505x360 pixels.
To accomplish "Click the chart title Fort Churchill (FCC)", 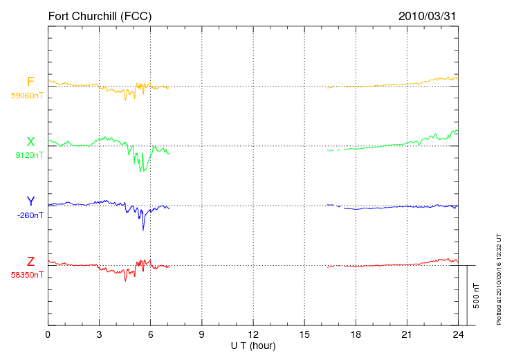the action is (100, 16).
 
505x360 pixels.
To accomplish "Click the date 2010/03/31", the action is (427, 16).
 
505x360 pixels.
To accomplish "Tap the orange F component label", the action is (30, 82).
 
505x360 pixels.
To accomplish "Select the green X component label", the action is (30, 141).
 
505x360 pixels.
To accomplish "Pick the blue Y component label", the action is (30, 201).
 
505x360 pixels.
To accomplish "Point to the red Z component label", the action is (30, 261).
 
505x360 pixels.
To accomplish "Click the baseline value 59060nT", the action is (27, 96).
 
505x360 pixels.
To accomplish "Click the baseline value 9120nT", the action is (29, 155).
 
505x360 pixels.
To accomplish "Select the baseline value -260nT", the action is (30, 215).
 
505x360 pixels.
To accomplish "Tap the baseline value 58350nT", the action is (27, 275).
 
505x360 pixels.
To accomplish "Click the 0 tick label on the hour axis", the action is (48, 334).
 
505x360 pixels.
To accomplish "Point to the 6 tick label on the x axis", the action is (150, 334).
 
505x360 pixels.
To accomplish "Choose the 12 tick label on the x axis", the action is (253, 334).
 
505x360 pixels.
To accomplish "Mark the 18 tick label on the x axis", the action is (356, 334).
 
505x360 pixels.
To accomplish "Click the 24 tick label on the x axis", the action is (458, 334).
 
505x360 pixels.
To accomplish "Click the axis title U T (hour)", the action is (253, 346).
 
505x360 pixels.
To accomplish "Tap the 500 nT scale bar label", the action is (477, 296).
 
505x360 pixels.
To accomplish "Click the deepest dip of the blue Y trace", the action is (143, 230).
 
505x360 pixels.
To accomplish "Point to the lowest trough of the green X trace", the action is (140, 171).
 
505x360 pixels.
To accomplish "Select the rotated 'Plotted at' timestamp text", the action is (499, 279).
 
